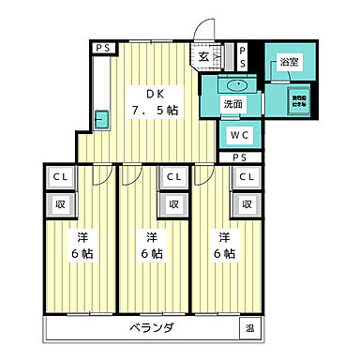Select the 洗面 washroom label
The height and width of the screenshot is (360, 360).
(232, 104)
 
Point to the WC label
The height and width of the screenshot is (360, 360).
(240, 134)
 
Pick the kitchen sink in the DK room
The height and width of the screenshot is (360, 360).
(102, 119)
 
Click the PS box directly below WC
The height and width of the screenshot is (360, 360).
(240, 157)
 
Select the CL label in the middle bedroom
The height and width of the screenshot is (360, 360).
(173, 175)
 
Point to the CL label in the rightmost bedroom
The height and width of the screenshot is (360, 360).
(247, 175)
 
